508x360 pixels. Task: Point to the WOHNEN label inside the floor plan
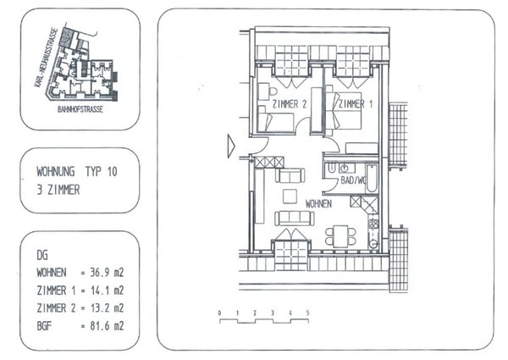tap(318, 204)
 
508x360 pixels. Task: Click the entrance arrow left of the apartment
tap(229, 145)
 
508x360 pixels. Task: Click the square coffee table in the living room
tap(290, 197)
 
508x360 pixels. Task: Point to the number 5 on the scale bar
tap(307, 313)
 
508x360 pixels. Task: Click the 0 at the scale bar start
tap(219, 313)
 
